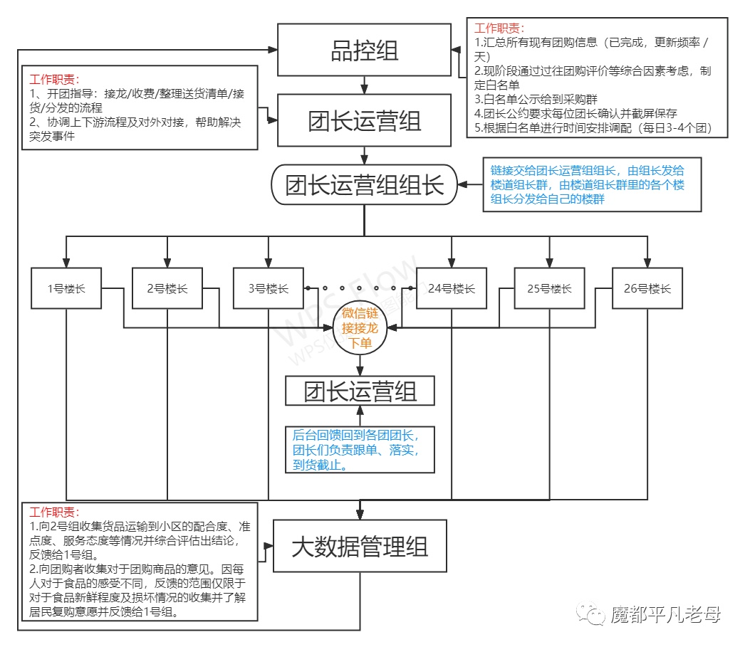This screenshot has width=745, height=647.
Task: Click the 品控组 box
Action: coord(364,50)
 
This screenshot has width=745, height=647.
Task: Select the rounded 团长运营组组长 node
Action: coord(364,185)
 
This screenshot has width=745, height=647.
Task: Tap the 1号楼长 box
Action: coord(66,288)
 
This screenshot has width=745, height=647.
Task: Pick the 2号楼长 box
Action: coord(167,288)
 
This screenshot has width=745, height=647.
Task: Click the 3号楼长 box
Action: coord(269,288)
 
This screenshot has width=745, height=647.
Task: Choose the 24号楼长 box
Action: coord(452,288)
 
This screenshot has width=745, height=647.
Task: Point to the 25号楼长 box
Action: coord(549,288)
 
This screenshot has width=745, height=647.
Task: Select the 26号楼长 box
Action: coord(647,288)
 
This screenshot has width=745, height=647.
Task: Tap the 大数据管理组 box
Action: coord(360,547)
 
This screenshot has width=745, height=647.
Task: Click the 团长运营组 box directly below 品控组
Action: coord(364,120)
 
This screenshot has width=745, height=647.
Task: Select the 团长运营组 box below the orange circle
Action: coord(360,391)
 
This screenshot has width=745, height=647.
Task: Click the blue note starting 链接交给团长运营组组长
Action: coord(592,185)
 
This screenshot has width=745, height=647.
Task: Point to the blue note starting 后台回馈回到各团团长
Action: coord(360,449)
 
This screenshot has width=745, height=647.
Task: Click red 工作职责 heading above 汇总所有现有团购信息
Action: coord(500,29)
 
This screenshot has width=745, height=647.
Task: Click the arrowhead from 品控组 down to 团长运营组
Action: coord(364,89)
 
